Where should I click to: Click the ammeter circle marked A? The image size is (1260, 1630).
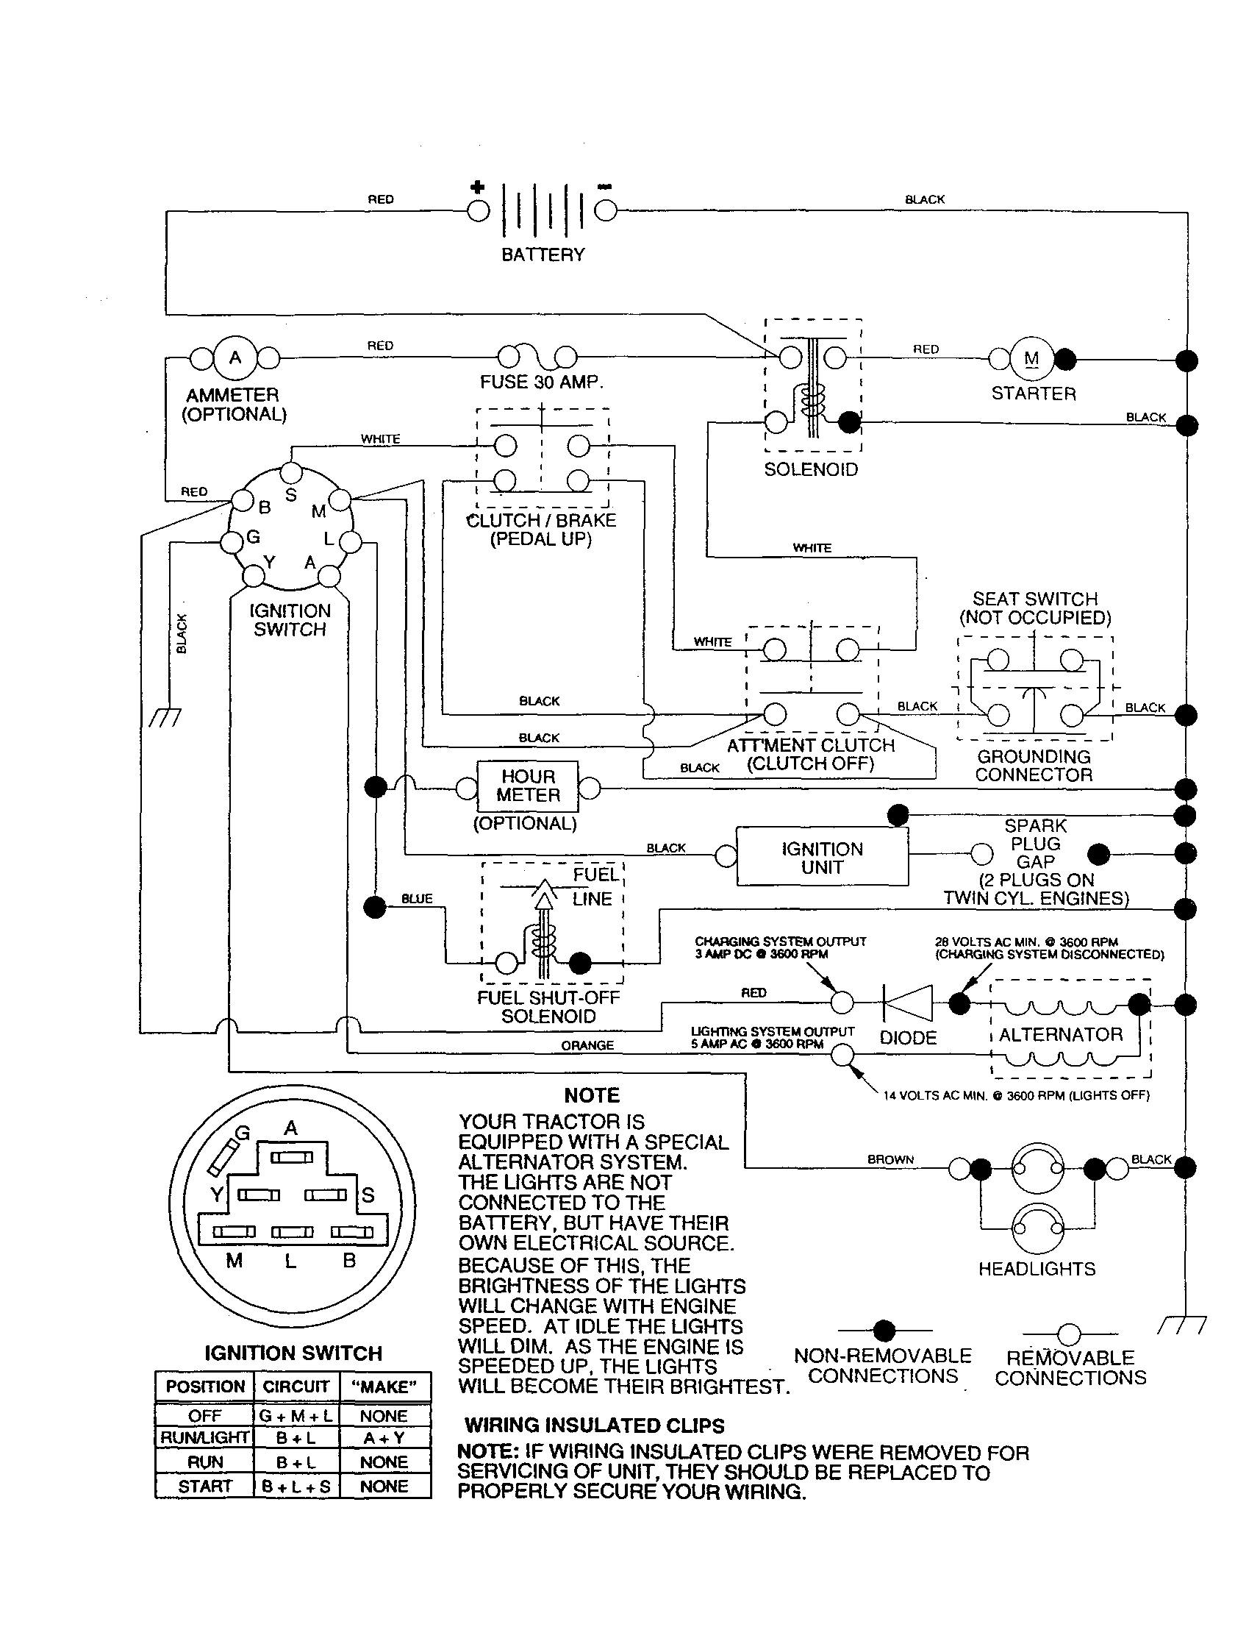pyautogui.click(x=235, y=358)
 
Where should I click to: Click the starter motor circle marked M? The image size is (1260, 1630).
pyautogui.click(x=1031, y=359)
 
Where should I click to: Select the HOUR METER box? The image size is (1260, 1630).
pyautogui.click(x=528, y=786)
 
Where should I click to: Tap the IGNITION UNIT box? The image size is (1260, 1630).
pyautogui.click(x=822, y=858)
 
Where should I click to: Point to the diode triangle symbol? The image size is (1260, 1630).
pyautogui.click(x=908, y=1003)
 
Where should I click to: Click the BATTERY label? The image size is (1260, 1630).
pyautogui.click(x=543, y=255)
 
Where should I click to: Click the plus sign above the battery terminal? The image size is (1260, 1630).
pyautogui.click(x=477, y=187)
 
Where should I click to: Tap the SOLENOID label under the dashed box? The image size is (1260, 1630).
pyautogui.click(x=811, y=469)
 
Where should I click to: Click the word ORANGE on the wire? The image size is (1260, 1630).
pyautogui.click(x=587, y=1046)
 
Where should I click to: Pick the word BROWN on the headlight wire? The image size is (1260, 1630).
pyautogui.click(x=890, y=1159)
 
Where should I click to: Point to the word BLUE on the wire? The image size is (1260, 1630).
pyautogui.click(x=416, y=899)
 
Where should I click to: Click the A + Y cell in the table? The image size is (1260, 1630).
pyautogui.click(x=384, y=1437)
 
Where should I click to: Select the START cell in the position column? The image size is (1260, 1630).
pyautogui.click(x=204, y=1486)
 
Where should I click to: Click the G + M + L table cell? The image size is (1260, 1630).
pyautogui.click(x=296, y=1416)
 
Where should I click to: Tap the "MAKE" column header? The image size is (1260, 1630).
pyautogui.click(x=384, y=1387)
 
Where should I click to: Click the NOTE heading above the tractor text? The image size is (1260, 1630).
pyautogui.click(x=592, y=1096)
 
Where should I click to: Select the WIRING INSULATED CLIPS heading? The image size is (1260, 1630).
pyautogui.click(x=595, y=1426)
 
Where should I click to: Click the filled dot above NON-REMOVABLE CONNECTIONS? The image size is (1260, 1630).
pyautogui.click(x=884, y=1330)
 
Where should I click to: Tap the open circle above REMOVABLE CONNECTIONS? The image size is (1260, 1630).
pyautogui.click(x=1069, y=1334)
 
